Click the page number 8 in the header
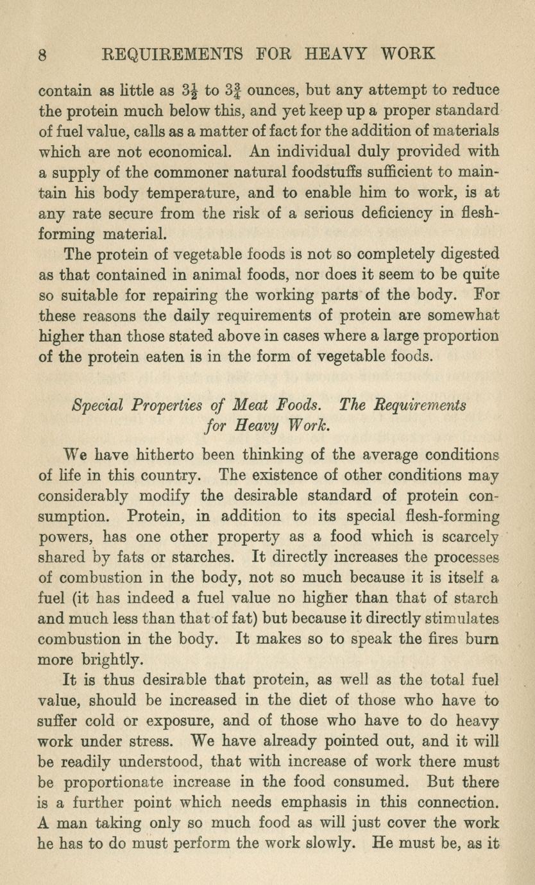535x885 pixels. tap(43, 54)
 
